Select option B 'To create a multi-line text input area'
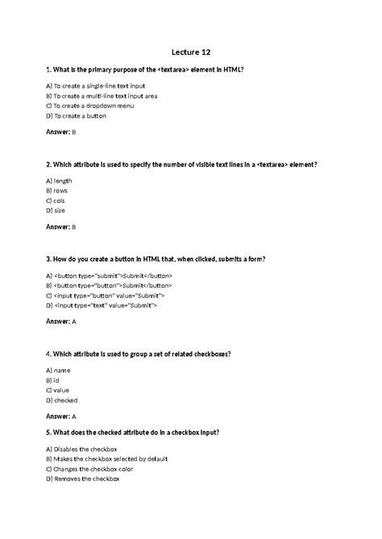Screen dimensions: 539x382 (101, 96)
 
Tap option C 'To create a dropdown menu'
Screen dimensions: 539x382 (89, 106)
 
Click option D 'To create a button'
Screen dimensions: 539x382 (76, 116)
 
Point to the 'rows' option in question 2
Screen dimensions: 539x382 (57, 191)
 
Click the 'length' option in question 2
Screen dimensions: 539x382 (59, 180)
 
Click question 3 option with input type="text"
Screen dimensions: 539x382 (102, 306)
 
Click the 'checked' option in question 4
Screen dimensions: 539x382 (61, 400)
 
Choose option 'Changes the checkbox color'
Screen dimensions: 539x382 (90, 468)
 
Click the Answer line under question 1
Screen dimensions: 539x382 (60, 131)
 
